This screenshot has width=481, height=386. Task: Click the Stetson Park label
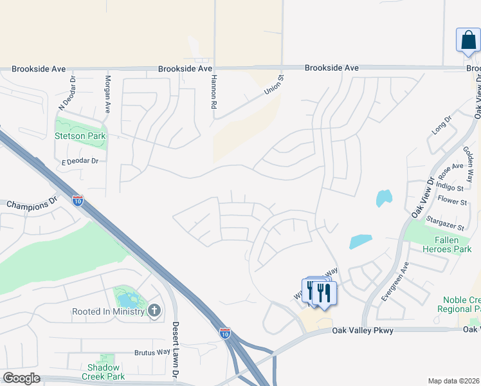click(x=80, y=136)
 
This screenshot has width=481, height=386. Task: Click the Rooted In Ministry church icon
click(x=154, y=312)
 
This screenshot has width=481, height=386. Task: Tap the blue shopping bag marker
click(x=467, y=41)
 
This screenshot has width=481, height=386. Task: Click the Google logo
click(x=22, y=378)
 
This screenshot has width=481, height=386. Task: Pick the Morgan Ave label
click(x=108, y=93)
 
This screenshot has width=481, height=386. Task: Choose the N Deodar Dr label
click(x=67, y=93)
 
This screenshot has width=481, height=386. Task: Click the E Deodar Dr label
click(x=80, y=161)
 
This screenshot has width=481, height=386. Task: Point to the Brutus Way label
click(x=152, y=353)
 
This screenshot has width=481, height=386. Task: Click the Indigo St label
click(x=450, y=188)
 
